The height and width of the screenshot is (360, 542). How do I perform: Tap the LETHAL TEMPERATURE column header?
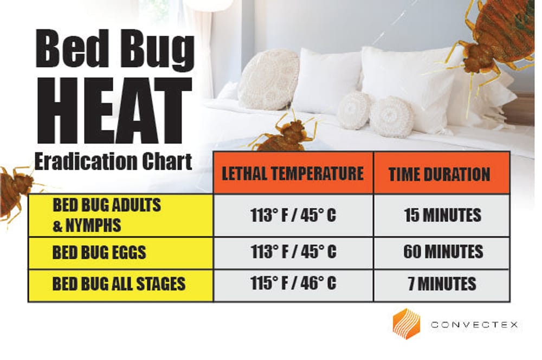[x=293, y=173]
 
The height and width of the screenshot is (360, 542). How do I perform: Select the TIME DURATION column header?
[x=439, y=173]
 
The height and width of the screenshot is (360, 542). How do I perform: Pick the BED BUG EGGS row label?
[x=99, y=252]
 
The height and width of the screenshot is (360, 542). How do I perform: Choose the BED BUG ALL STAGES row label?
[x=119, y=284]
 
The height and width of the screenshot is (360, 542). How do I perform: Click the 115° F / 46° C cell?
[x=293, y=284]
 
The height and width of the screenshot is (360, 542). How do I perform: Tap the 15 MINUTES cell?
[x=442, y=215]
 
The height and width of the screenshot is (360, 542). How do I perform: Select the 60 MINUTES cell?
[x=442, y=252]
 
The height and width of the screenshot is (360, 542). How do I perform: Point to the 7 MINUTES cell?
[x=442, y=284]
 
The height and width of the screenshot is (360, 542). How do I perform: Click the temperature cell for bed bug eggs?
[x=293, y=252]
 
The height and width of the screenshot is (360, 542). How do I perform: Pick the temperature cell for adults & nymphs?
[x=293, y=215]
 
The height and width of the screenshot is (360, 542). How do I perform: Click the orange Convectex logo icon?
[x=406, y=324]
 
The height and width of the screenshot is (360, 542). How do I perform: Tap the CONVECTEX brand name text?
[x=474, y=325]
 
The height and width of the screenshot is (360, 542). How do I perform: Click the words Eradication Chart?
[x=113, y=161]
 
